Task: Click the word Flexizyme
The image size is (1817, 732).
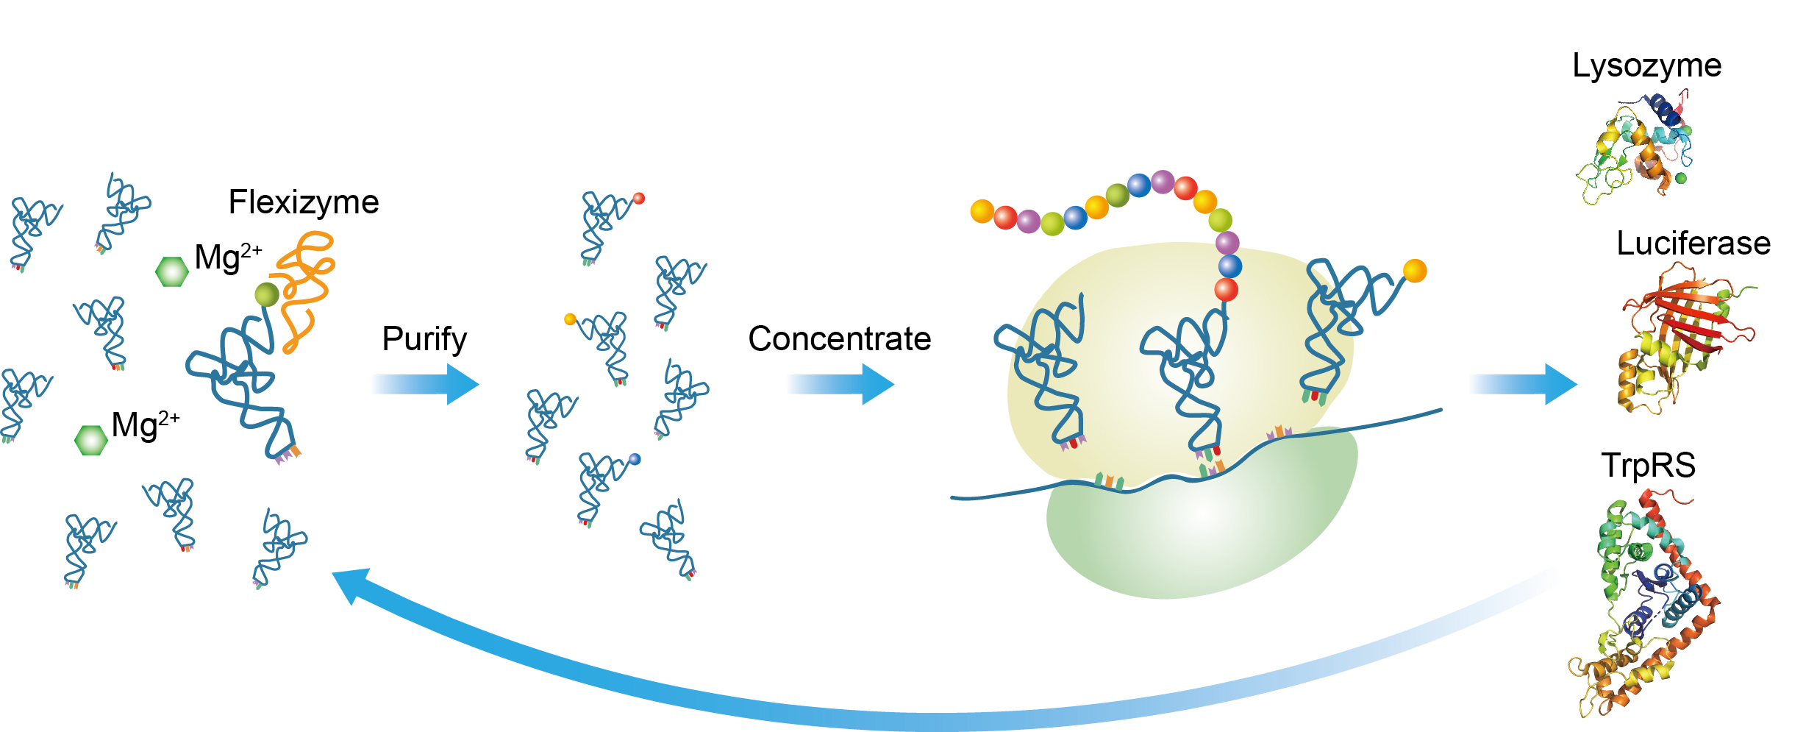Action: click(303, 202)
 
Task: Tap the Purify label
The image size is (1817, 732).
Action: click(424, 339)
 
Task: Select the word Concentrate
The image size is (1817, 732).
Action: click(839, 339)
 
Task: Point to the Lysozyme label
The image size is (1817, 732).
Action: click(1646, 65)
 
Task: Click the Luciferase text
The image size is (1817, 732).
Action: click(1693, 244)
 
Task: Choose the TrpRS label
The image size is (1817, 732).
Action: click(1648, 466)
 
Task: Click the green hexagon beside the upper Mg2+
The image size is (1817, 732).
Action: click(172, 271)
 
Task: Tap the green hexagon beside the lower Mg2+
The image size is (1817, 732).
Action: click(91, 440)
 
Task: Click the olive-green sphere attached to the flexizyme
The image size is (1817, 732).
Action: click(267, 295)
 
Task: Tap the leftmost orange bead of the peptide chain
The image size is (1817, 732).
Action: click(982, 211)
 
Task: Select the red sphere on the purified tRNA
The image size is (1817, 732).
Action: click(639, 198)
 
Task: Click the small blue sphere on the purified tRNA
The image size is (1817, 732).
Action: click(635, 459)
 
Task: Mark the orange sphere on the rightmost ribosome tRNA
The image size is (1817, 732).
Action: click(1415, 271)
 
